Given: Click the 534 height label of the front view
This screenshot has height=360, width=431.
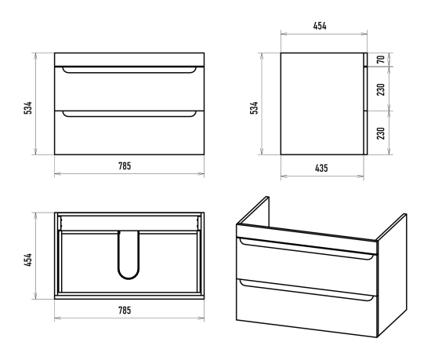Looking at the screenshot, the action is click(x=28, y=107).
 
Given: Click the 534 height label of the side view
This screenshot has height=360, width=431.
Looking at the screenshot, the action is click(x=254, y=107).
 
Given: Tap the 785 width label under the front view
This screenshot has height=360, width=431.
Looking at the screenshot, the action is click(x=125, y=166).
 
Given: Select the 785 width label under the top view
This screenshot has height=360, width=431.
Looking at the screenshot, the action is click(x=125, y=311).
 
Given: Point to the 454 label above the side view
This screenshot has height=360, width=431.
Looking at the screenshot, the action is click(x=320, y=26).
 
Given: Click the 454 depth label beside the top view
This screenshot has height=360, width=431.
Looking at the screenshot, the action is click(x=28, y=260).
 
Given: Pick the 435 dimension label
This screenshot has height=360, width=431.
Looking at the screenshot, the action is click(x=321, y=168).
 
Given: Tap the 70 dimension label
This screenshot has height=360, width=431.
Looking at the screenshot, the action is click(x=381, y=59).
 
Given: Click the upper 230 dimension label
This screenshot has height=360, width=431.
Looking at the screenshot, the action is click(x=381, y=89).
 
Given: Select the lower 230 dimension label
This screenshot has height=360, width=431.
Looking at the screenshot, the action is click(x=381, y=133).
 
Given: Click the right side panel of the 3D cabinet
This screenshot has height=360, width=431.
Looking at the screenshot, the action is click(x=393, y=275).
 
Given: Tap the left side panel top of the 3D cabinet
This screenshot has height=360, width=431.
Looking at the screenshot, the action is click(x=252, y=211).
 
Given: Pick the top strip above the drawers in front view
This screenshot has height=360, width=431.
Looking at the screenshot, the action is click(x=129, y=60).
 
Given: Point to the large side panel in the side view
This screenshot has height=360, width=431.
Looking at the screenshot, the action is click(x=322, y=104).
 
